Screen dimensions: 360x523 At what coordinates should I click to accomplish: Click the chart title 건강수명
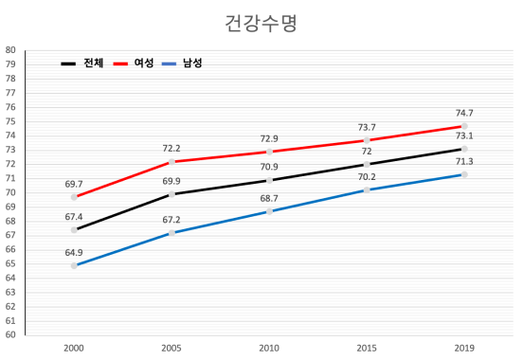click(261, 23)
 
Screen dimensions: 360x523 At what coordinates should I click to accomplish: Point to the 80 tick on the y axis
click(9, 50)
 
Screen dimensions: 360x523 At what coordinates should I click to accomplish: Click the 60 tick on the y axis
click(9, 334)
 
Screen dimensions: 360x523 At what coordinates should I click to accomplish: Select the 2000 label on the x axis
click(74, 349)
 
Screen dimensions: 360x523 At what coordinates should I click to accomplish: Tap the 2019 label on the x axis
click(464, 349)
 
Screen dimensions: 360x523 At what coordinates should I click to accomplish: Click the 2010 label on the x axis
click(269, 349)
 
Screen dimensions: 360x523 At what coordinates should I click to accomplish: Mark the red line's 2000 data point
click(74, 197)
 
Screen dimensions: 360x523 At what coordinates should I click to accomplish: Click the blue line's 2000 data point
click(74, 265)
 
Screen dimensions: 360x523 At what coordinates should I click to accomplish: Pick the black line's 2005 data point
click(171, 194)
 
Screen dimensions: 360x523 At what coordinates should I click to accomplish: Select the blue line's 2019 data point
click(464, 174)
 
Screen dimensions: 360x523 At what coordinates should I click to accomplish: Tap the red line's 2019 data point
click(464, 126)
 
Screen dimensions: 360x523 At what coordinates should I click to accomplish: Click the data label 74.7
click(464, 113)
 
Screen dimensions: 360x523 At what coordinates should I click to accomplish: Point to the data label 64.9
click(74, 252)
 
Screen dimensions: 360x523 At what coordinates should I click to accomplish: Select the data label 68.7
click(269, 198)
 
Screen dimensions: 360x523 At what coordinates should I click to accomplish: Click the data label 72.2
click(171, 149)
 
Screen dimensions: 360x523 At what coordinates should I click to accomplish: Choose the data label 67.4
click(74, 217)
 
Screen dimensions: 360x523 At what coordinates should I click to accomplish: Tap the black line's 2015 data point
click(367, 164)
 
